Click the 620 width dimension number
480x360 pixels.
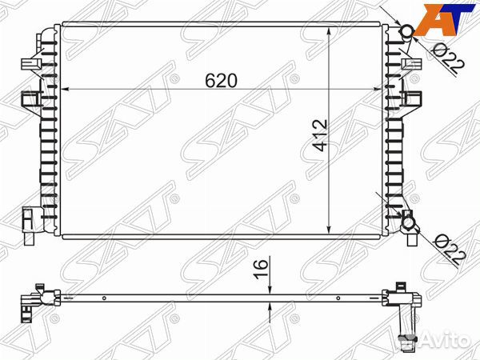[x=221, y=81]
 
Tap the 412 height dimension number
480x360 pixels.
[x=321, y=135]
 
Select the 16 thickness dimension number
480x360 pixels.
[x=260, y=269]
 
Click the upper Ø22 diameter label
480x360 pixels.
[x=448, y=60]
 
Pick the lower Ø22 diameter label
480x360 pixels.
[x=449, y=250]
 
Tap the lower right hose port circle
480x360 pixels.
[x=408, y=223]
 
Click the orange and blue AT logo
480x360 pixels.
[x=446, y=19]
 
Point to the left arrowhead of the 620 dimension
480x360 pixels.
[x=65, y=89]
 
